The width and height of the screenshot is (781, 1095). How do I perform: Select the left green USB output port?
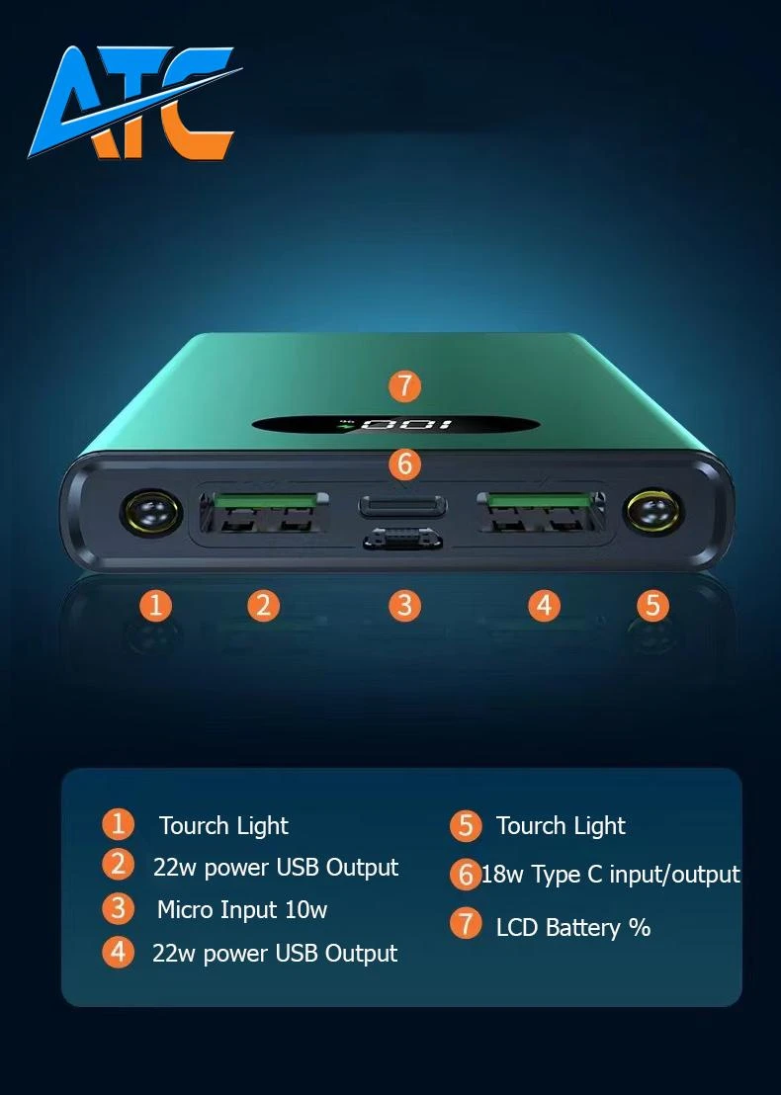pyautogui.click(x=264, y=512)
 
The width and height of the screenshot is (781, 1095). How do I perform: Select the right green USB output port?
pyautogui.click(x=541, y=512)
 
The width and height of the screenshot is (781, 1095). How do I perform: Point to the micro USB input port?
pyautogui.click(x=403, y=540)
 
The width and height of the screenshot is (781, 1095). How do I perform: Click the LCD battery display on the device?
pyautogui.click(x=395, y=425)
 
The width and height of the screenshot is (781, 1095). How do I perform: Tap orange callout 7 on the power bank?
pyautogui.click(x=404, y=385)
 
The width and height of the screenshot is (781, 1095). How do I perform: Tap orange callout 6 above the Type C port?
pyautogui.click(x=404, y=463)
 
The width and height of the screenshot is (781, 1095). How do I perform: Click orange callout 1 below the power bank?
pyautogui.click(x=156, y=605)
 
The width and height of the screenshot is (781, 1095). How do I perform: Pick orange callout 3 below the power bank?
pyautogui.click(x=404, y=605)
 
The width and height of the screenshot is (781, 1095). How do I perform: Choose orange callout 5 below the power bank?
pyautogui.click(x=652, y=605)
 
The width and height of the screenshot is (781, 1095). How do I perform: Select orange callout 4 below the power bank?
pyautogui.click(x=544, y=605)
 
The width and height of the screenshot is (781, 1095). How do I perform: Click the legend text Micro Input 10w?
pyautogui.click(x=241, y=910)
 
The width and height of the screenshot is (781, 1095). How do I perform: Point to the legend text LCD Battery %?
pyautogui.click(x=573, y=928)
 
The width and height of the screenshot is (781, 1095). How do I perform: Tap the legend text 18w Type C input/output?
pyautogui.click(x=611, y=875)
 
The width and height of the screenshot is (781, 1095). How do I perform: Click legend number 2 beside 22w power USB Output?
pyautogui.click(x=118, y=865)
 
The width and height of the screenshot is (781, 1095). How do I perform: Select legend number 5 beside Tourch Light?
pyautogui.click(x=466, y=826)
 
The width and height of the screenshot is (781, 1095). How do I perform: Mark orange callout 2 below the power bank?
pyautogui.click(x=263, y=605)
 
